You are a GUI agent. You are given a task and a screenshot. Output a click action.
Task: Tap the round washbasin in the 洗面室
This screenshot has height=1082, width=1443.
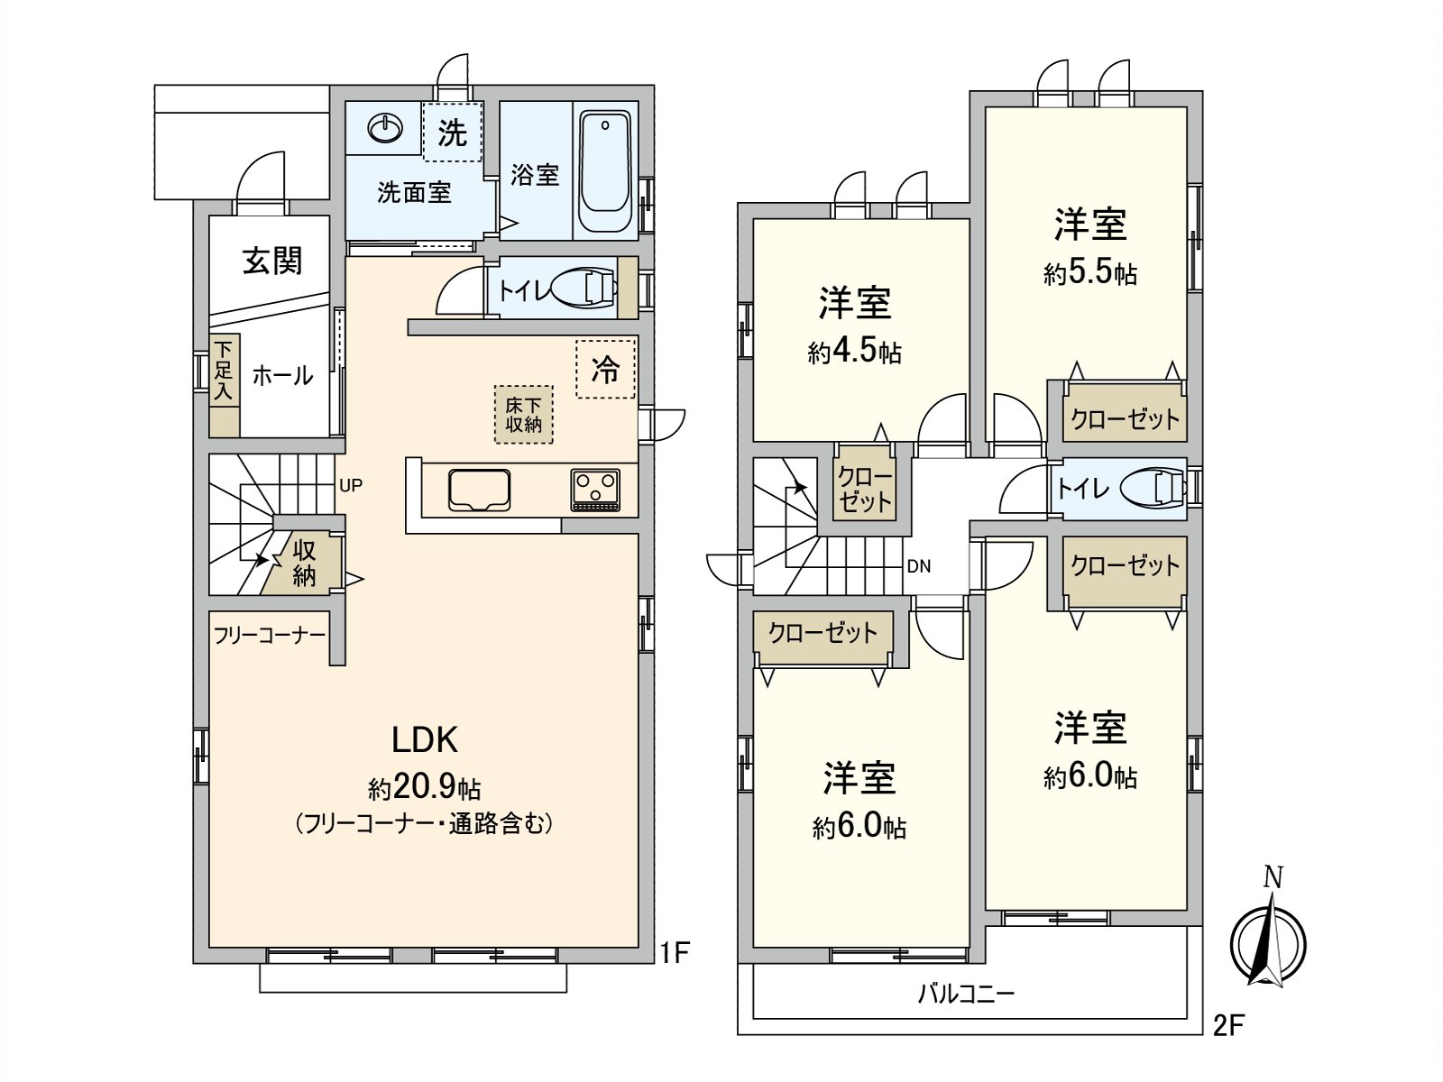tap(386, 129)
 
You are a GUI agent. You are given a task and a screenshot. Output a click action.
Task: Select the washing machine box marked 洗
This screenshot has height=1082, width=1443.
tap(453, 132)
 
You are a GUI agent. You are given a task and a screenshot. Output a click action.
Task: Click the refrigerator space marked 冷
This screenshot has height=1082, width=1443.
tap(605, 368)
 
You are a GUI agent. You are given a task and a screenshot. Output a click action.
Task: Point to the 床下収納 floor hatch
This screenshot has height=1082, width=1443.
tap(523, 415)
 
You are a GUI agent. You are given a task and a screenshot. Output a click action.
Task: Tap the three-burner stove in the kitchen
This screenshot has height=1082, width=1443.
tap(594, 491)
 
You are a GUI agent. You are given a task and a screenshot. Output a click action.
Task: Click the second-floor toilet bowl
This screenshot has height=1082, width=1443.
tap(1153, 488)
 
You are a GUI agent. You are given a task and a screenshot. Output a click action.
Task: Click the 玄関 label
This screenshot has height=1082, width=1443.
tap(271, 261)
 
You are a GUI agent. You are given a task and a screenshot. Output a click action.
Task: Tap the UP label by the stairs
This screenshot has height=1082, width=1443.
tap(351, 485)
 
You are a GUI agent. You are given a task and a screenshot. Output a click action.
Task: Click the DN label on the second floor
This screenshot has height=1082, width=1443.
tap(918, 566)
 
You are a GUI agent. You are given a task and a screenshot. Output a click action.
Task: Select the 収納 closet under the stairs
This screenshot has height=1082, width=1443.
tap(305, 564)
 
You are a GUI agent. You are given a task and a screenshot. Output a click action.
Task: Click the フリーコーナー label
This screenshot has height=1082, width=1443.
tap(269, 636)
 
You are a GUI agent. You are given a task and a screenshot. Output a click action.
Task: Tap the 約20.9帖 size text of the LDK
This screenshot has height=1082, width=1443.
tap(425, 788)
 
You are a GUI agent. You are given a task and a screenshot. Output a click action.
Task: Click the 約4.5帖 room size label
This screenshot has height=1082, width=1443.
tap(854, 351)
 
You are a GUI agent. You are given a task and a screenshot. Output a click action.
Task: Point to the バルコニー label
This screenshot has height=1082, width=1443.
tap(966, 995)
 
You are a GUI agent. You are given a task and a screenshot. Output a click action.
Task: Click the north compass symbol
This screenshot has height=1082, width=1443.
tap(1268, 940)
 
